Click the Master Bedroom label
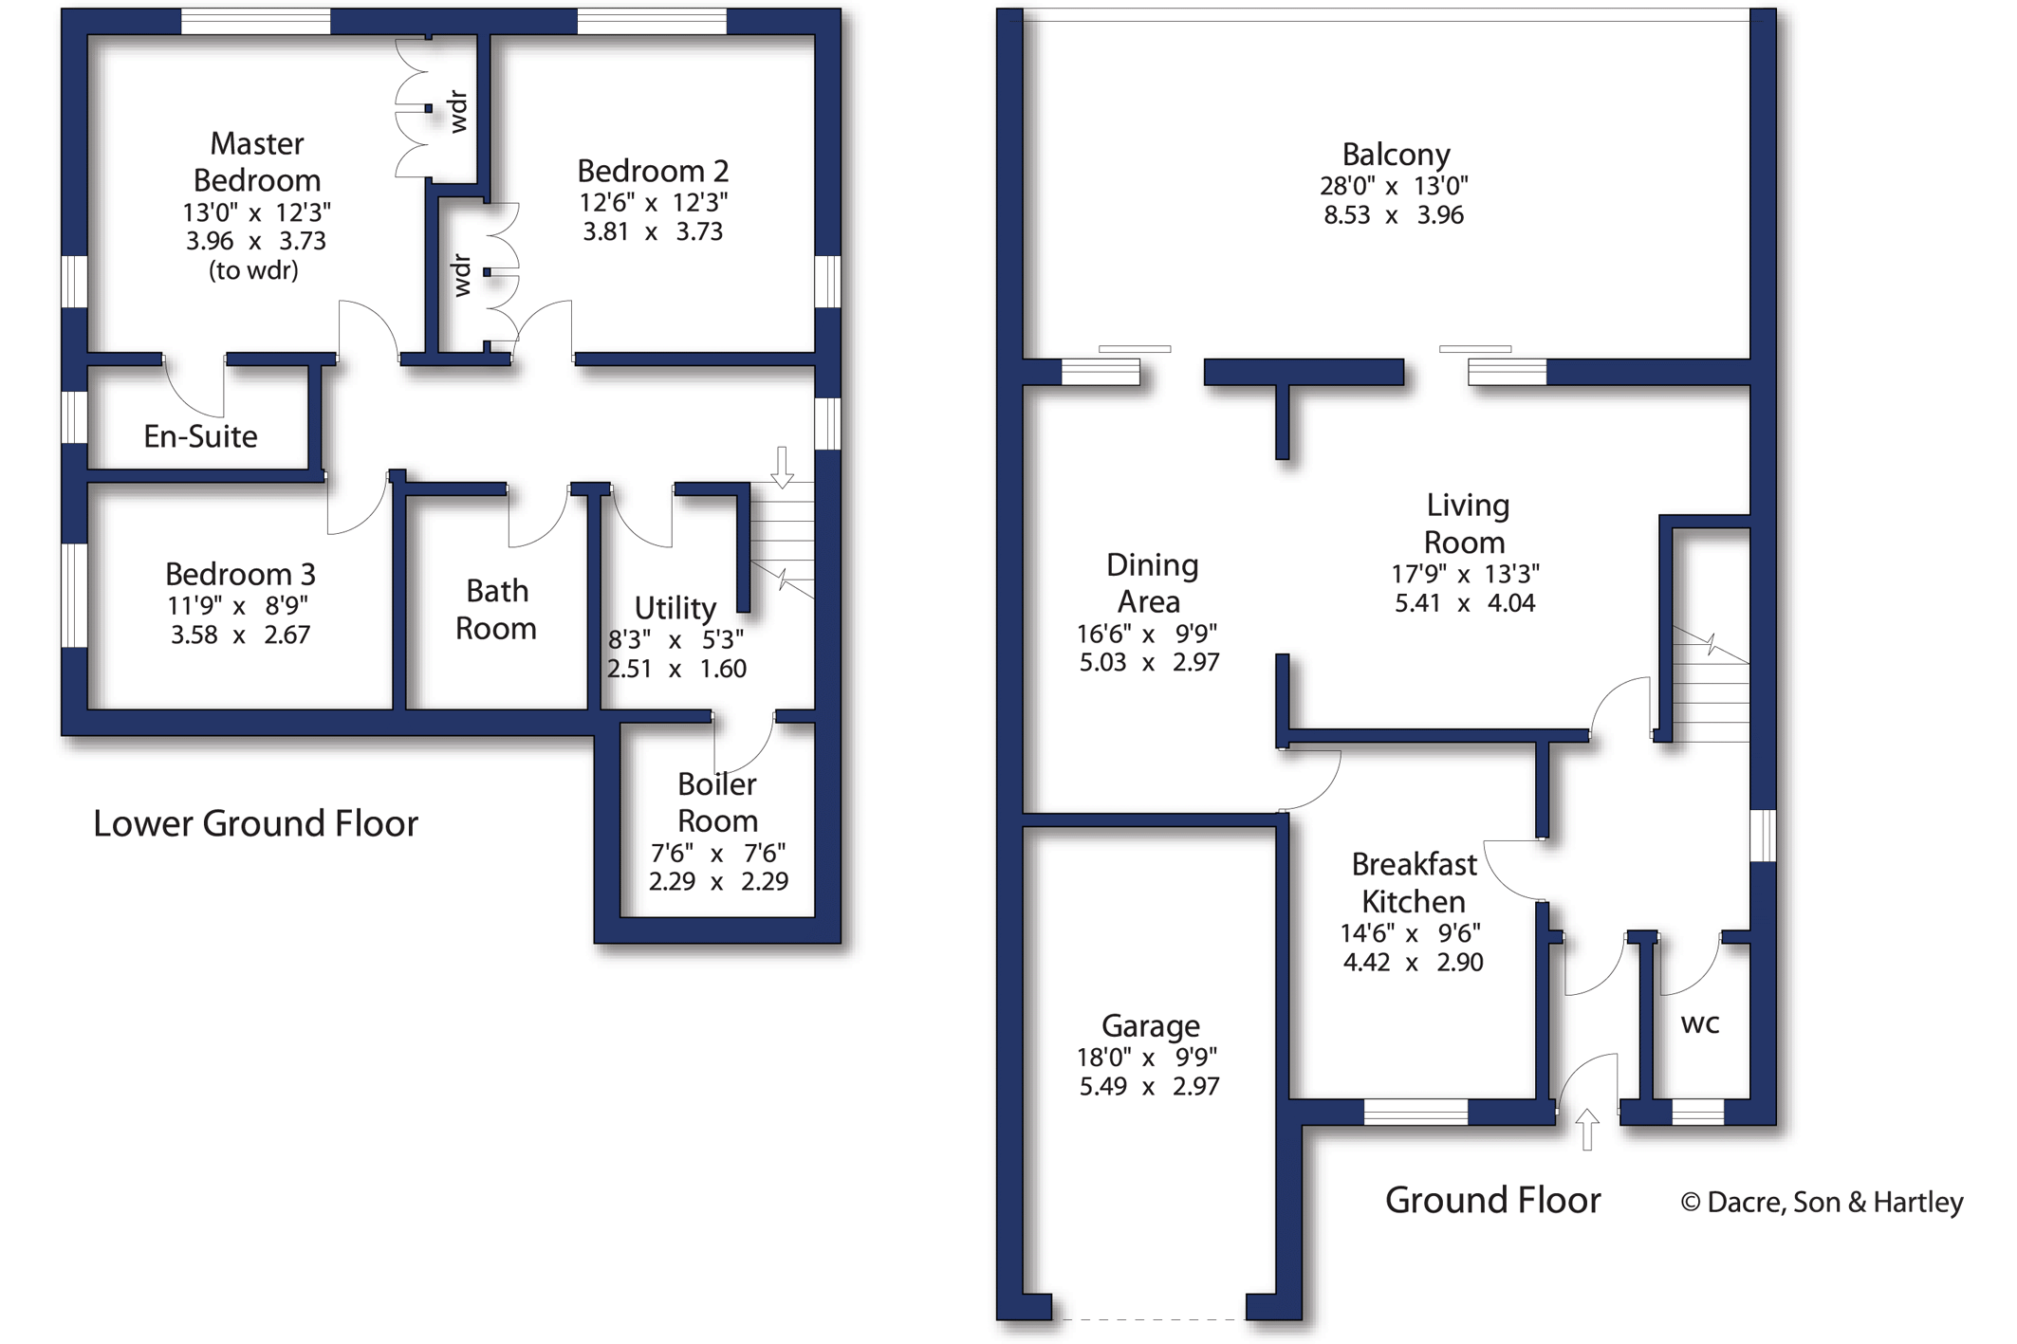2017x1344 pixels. tap(256, 162)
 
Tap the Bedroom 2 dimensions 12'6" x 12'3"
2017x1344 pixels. tap(653, 202)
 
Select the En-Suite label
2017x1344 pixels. tap(200, 436)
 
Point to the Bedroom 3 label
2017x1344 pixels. tap(240, 574)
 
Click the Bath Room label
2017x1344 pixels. tap(496, 610)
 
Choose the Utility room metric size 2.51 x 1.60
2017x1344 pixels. tap(676, 669)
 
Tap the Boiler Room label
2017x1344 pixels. tap(717, 802)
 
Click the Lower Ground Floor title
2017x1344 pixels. tap(255, 823)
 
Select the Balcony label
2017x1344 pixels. tap(1396, 155)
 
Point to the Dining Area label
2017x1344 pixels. tap(1151, 583)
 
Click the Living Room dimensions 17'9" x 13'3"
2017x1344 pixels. tap(1465, 574)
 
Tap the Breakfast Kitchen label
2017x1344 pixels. tap(1414, 883)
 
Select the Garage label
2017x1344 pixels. tap(1150, 1025)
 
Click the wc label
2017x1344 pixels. tap(1699, 1023)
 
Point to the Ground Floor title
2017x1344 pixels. tap(1492, 1201)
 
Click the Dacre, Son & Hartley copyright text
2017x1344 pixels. tap(1821, 1203)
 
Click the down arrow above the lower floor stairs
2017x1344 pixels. tap(782, 467)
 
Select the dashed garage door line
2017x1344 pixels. tap(1149, 1318)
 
